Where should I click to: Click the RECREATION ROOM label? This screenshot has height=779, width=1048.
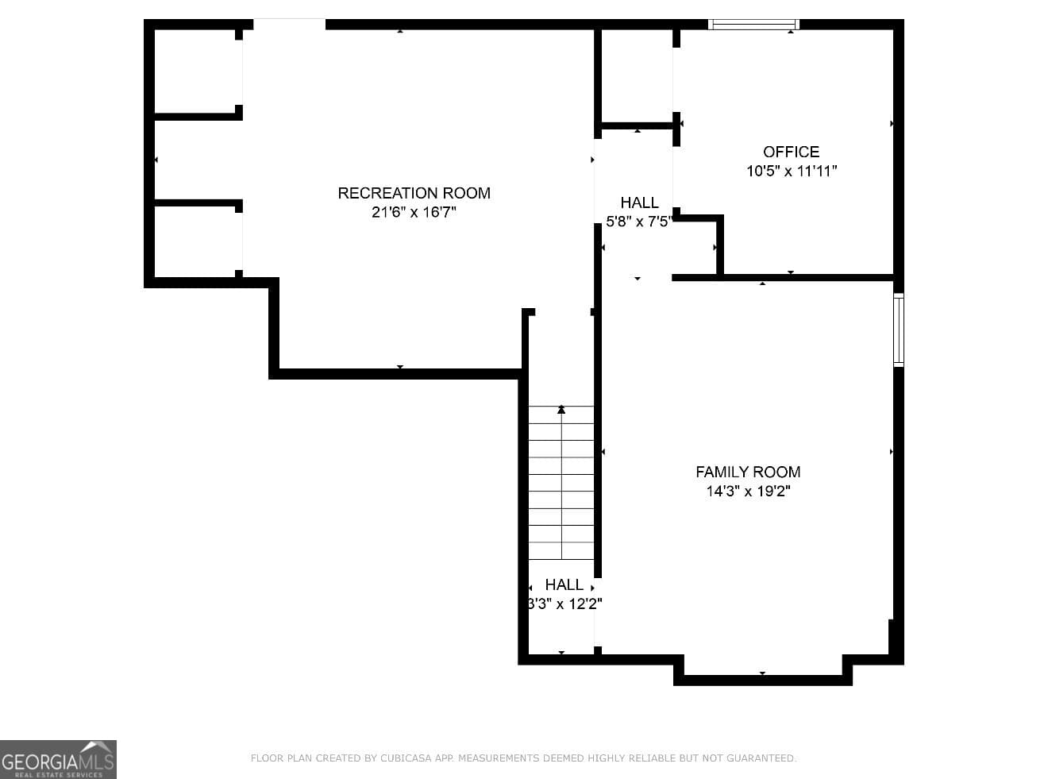point(414,193)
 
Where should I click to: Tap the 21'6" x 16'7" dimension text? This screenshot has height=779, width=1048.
point(414,212)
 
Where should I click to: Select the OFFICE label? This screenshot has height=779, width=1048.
point(791,152)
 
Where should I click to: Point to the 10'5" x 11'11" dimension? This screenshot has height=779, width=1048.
point(792,171)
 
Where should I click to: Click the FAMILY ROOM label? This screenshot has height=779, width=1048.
point(748,472)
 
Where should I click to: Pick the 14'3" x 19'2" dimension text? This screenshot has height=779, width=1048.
point(748,491)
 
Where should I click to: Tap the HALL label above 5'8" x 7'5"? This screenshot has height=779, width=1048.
point(639,202)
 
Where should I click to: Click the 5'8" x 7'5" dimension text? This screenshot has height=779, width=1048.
point(639,222)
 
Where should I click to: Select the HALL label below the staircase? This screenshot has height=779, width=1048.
point(564,584)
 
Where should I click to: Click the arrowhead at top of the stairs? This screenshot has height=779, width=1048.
point(561,410)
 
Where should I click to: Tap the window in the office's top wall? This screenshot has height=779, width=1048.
point(753,25)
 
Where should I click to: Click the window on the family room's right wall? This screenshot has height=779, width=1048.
point(899,330)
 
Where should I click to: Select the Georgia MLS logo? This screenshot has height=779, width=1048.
point(58,760)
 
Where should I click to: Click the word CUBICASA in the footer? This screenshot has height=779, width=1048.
point(406,758)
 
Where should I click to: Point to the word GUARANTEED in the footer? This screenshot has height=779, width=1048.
point(761,758)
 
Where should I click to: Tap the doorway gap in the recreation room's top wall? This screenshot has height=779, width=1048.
point(289,25)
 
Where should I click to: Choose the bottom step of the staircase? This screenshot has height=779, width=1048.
point(561,550)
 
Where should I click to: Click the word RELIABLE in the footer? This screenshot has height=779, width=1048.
point(650,758)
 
